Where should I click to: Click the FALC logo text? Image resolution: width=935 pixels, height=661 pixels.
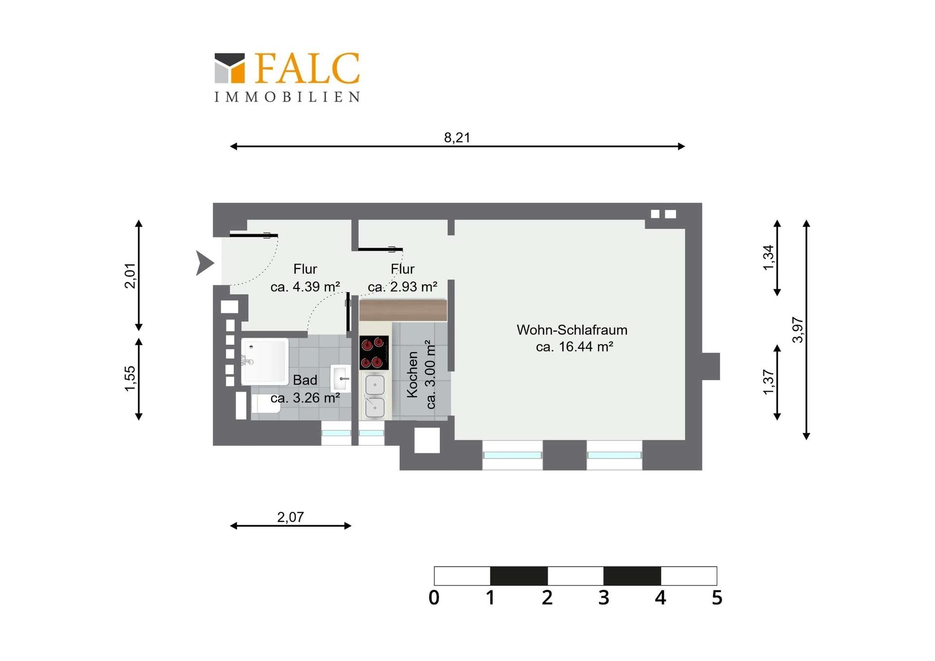(307, 68)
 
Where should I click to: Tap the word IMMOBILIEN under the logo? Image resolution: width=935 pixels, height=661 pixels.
(287, 97)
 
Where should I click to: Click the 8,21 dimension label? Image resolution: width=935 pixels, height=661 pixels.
(457, 138)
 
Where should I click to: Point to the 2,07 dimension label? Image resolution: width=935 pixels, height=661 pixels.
(290, 517)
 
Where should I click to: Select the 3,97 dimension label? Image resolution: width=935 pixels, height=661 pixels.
(798, 330)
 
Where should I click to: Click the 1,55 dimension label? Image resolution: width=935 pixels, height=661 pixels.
(130, 378)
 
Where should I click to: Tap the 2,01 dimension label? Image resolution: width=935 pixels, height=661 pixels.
(130, 276)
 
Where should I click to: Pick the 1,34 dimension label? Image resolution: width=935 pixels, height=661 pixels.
(768, 258)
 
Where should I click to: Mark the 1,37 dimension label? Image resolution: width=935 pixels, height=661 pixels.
(768, 382)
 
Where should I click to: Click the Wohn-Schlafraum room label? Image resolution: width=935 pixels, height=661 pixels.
(572, 330)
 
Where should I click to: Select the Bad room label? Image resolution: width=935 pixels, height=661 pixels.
(305, 380)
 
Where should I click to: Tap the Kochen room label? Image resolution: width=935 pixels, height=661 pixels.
(412, 375)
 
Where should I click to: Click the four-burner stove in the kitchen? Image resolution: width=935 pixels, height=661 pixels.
(374, 353)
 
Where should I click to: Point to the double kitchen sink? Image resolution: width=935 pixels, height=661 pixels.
(374, 395)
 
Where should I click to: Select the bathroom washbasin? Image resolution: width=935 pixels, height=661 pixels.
(340, 378)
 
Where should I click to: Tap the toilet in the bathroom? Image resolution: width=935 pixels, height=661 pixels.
(265, 404)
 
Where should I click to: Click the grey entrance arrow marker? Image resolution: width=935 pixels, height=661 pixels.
(205, 263)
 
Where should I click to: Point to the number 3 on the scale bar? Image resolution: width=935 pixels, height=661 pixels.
(604, 598)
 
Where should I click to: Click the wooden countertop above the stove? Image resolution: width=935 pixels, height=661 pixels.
(403, 310)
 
